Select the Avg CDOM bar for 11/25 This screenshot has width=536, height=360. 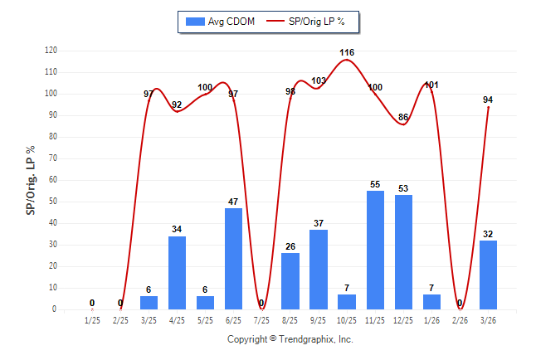(375, 250)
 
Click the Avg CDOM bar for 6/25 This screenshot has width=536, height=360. (234, 257)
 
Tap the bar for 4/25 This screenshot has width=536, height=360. (178, 272)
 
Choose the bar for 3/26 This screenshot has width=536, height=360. (488, 275)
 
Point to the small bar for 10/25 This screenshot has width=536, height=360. (347, 301)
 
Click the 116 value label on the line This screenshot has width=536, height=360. (347, 53)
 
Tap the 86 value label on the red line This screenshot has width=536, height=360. (403, 117)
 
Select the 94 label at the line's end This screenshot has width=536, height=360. (488, 100)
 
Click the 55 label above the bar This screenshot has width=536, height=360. (375, 184)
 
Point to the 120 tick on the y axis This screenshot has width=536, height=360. (51, 51)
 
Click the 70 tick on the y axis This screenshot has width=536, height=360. (53, 158)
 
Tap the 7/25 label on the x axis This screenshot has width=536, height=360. (262, 319)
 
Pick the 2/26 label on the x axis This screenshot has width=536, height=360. (460, 319)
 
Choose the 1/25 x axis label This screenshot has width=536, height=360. (93, 319)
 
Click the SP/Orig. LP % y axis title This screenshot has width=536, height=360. (31, 179)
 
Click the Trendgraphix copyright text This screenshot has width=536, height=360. (290, 339)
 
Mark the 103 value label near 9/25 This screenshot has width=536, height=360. (319, 80)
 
